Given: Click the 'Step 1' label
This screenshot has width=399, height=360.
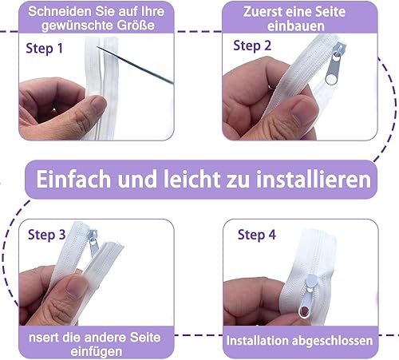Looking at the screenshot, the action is pyautogui.click(x=45, y=49).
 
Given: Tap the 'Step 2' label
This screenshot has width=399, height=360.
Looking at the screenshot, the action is pyautogui.click(x=252, y=45).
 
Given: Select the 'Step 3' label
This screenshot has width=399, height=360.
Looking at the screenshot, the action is pyautogui.click(x=46, y=235).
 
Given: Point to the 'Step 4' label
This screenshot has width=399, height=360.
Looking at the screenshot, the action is pyautogui.click(x=257, y=235).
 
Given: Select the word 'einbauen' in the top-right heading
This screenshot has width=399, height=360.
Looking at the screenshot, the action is pyautogui.click(x=296, y=26).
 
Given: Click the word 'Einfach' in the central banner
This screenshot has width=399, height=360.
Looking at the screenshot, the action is pyautogui.click(x=73, y=179).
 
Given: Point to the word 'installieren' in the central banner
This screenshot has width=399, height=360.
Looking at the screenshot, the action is pyautogui.click(x=314, y=179).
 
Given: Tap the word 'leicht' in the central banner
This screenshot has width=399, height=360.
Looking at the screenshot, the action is pyautogui.click(x=192, y=179).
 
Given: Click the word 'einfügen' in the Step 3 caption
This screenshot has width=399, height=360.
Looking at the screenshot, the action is pyautogui.click(x=97, y=352).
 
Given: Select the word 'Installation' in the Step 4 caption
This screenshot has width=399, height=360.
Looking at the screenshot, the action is pyautogui.click(x=258, y=341).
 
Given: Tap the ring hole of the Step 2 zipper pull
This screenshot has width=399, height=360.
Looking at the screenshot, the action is pyautogui.click(x=331, y=80).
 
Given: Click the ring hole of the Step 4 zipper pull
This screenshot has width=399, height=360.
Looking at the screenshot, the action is pyautogui.click(x=304, y=311).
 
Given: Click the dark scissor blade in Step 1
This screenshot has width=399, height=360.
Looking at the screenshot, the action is pyautogui.click(x=136, y=65).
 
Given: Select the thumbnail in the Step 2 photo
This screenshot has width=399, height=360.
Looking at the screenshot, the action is pyautogui.click(x=305, y=109).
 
